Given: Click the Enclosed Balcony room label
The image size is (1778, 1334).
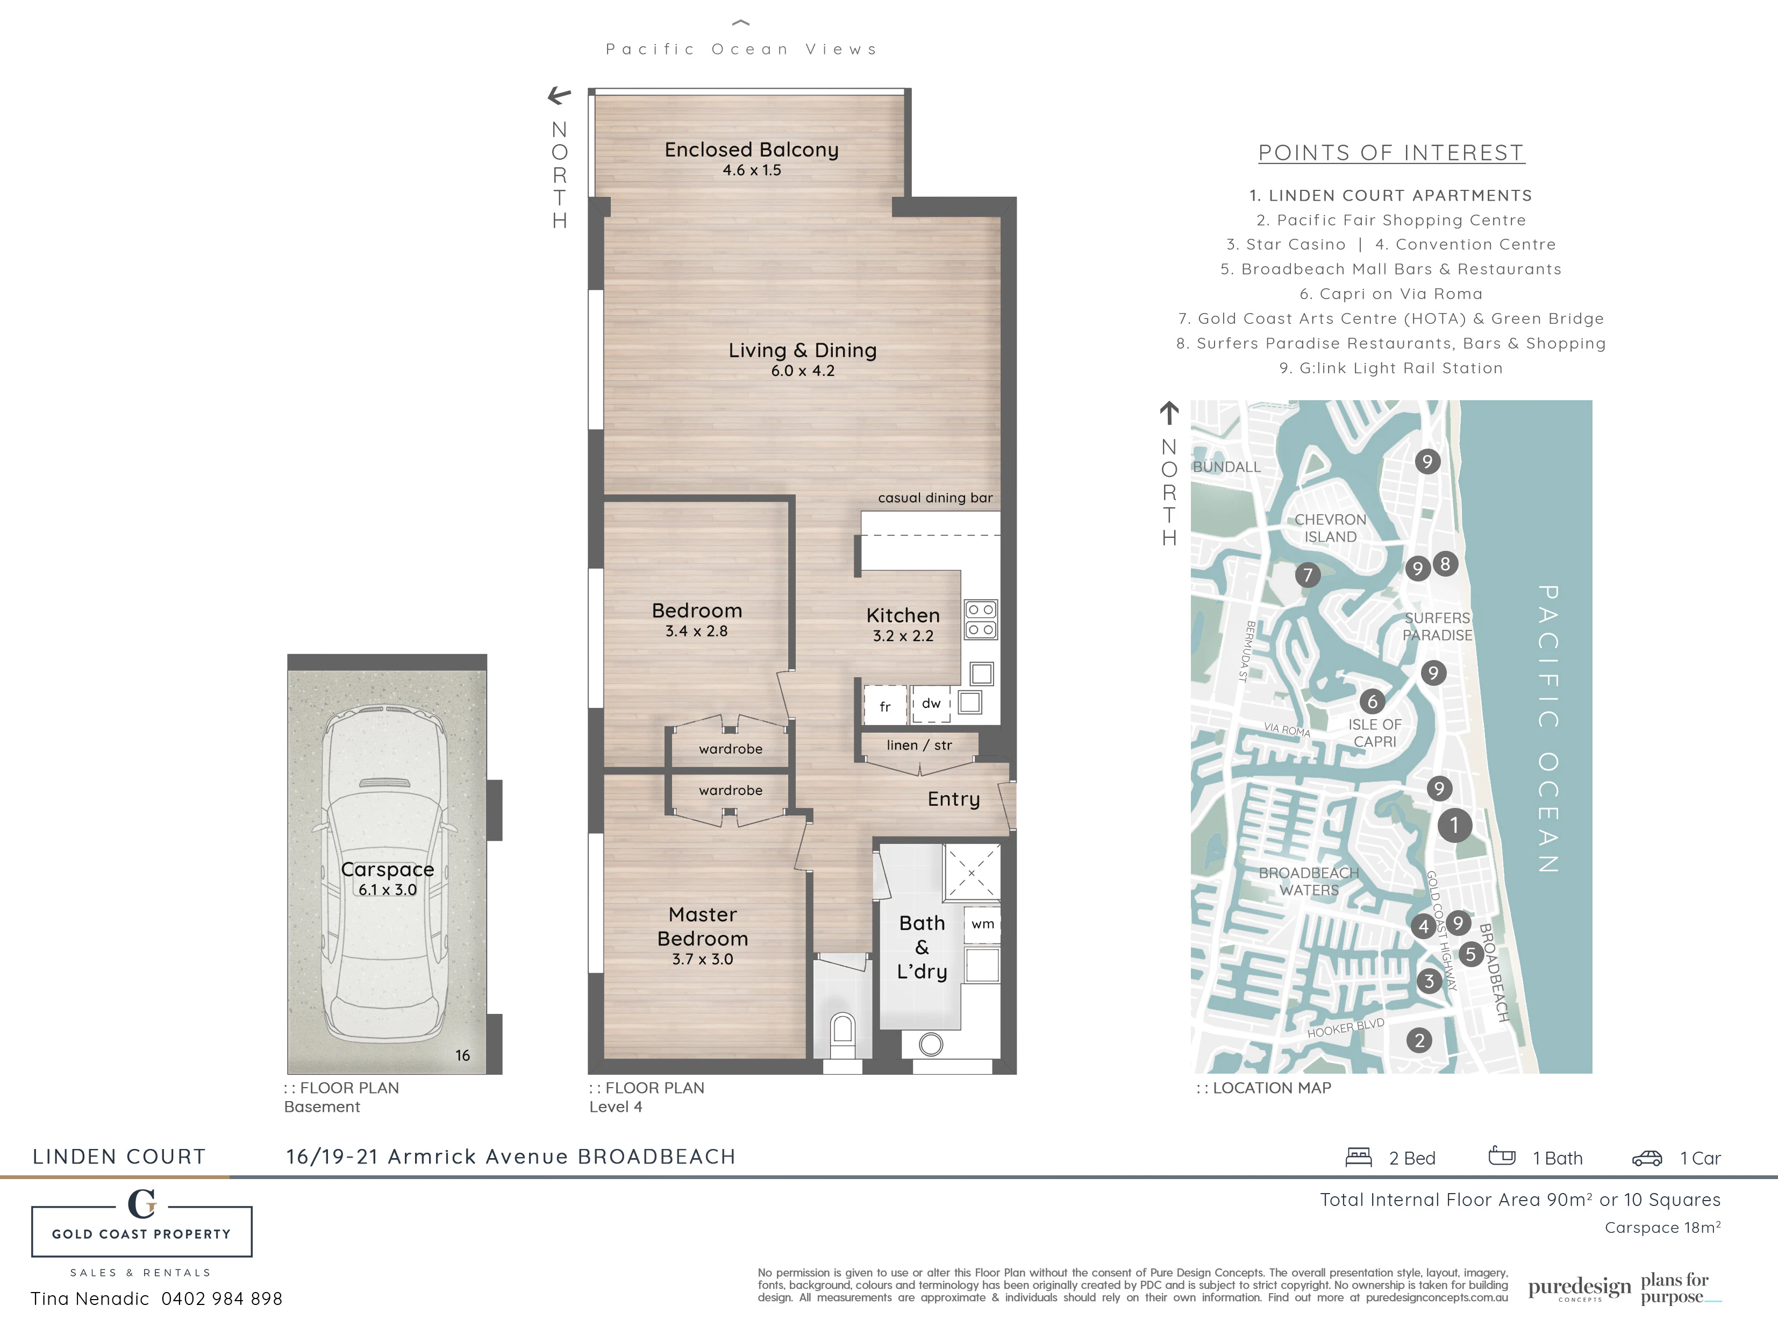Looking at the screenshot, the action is point(752,151).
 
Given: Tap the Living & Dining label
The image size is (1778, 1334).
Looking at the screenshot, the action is point(802,351).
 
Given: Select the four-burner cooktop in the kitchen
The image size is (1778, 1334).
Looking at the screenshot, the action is point(981,619).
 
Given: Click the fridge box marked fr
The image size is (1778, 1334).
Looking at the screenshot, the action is point(885,707).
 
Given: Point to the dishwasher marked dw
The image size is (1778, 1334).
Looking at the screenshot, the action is point(931,704).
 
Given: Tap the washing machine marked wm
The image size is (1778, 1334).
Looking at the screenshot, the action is point(982,924).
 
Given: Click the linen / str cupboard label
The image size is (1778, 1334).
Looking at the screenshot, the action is point(919,746).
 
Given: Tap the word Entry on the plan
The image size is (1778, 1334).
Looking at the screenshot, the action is point(953,799).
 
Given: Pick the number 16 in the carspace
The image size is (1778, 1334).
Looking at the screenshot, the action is point(462,1055).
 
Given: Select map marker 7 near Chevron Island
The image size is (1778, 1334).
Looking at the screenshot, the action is point(1308,575).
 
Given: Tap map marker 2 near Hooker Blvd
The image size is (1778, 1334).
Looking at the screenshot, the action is point(1419,1040).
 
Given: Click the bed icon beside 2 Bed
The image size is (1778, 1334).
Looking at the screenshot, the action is point(1359,1157).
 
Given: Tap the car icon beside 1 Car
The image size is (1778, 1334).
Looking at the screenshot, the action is point(1647,1158).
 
